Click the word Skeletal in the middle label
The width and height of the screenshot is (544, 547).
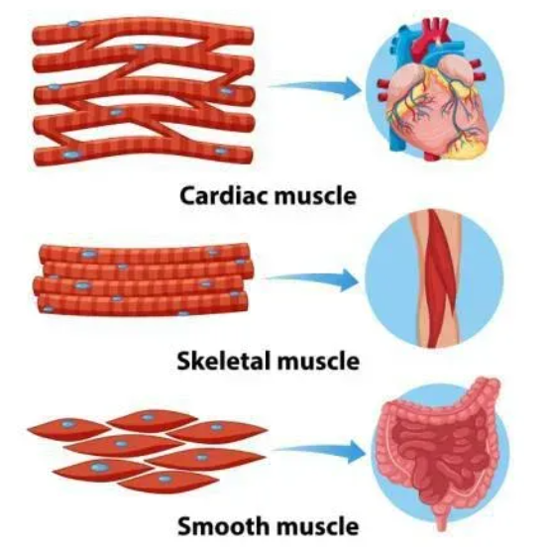pyautogui.click(x=224, y=361)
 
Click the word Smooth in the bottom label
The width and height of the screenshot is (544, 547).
pyautogui.click(x=223, y=526)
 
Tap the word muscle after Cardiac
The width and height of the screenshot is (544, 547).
pyautogui.click(x=315, y=196)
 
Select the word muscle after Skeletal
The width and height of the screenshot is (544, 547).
pyautogui.click(x=318, y=361)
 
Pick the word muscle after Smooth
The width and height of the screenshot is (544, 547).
pyautogui.click(x=317, y=526)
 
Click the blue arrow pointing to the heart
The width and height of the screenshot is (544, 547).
pyautogui.click(x=315, y=88)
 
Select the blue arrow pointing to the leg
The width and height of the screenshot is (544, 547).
pyautogui.click(x=312, y=279)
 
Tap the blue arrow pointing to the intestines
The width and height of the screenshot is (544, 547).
pyautogui.click(x=319, y=452)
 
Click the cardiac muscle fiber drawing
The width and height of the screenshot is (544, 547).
pyautogui.click(x=143, y=91)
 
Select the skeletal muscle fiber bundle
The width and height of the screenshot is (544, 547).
pyautogui.click(x=143, y=279)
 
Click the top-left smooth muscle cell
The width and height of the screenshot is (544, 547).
pyautogui.click(x=68, y=428)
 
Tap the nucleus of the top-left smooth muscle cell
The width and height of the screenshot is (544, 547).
pyautogui.click(x=67, y=424)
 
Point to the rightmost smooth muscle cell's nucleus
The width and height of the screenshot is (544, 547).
pyautogui.click(x=217, y=427)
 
